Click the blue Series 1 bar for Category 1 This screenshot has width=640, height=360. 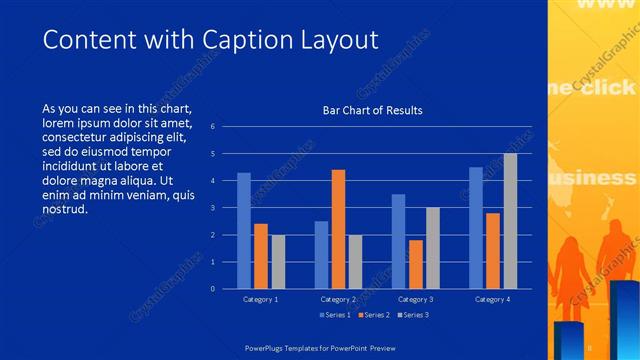click(x=244, y=231)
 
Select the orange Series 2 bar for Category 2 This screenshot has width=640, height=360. click(x=338, y=229)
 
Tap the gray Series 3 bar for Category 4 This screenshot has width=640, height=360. click(x=510, y=221)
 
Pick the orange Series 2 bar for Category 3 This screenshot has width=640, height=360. click(x=416, y=264)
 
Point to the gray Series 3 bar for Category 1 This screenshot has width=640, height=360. click(x=278, y=262)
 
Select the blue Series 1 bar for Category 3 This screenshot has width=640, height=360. click(x=398, y=241)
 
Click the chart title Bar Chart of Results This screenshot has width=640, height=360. click(x=372, y=110)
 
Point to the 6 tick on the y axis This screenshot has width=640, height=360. click(x=212, y=127)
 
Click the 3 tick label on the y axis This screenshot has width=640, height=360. click(x=212, y=208)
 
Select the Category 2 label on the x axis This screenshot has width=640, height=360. click(x=338, y=299)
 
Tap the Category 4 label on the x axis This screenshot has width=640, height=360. click(x=492, y=299)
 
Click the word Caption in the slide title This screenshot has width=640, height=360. click(x=245, y=40)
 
